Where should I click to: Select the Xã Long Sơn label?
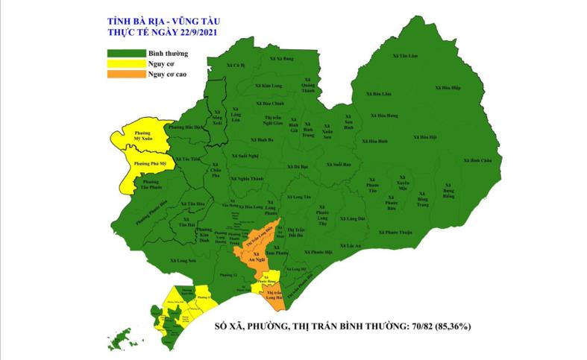[x=177, y=261]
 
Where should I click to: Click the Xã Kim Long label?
[x=268, y=86]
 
